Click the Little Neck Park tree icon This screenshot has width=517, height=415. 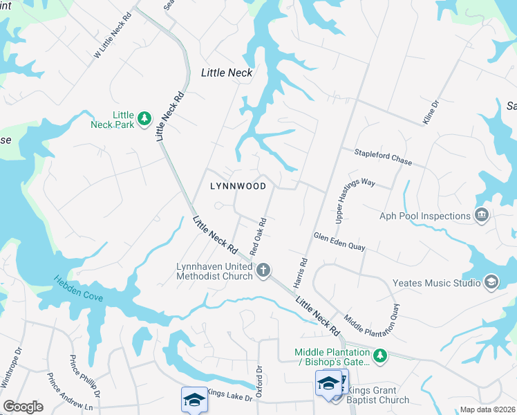point(144,119)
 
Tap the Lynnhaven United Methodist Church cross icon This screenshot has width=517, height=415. point(263,270)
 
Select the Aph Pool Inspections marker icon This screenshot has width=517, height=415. point(482,216)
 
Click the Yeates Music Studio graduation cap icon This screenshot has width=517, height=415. point(491,282)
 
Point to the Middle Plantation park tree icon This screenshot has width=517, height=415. point(379,356)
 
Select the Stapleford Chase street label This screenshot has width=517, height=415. point(383,157)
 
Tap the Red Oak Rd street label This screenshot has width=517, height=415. point(258,235)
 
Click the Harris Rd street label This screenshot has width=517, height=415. point(301,274)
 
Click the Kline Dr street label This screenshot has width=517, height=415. point(431,113)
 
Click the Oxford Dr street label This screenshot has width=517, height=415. point(260,381)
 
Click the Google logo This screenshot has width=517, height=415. point(23,407)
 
